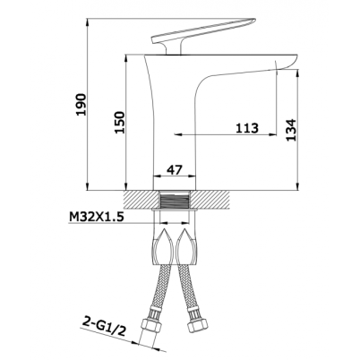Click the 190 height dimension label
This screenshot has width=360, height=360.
[x=81, y=105]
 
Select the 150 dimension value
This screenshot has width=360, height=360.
[x=120, y=123]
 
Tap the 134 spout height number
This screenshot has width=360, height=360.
[x=290, y=130]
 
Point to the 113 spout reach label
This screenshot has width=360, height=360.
[x=247, y=128]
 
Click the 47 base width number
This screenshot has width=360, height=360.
[x=174, y=169]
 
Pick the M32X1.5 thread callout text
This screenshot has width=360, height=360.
[x=97, y=218]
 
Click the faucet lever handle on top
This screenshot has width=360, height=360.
[x=204, y=31]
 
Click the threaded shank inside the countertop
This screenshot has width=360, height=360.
[x=175, y=200]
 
